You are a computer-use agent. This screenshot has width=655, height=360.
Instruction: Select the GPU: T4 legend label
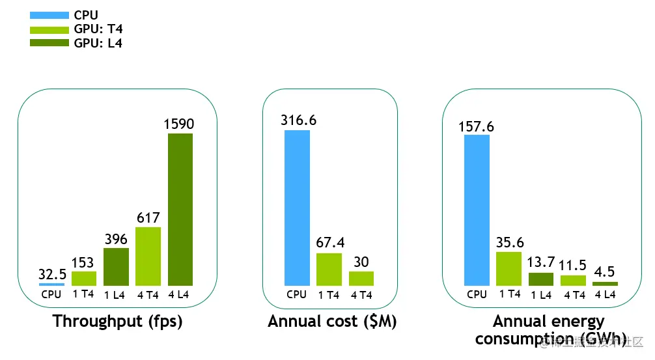[98, 29]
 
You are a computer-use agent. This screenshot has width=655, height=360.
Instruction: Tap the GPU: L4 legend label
[98, 44]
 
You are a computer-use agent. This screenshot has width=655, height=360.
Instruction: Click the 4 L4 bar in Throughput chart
[180, 209]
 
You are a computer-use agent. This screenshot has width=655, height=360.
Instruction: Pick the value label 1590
[179, 124]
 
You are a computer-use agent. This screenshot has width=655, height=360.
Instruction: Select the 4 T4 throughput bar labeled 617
[148, 256]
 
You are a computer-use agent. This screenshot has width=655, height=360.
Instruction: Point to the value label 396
[116, 239]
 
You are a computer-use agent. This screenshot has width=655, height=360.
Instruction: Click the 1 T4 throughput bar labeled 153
[84, 278]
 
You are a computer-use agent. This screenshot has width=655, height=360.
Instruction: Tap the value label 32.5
[52, 274]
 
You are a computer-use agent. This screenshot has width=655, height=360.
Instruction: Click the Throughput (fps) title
[117, 322]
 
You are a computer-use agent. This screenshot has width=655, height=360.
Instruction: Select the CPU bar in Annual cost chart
[297, 208]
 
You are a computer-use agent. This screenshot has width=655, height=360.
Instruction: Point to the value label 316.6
[298, 120]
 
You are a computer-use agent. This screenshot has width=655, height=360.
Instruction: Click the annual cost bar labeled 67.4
[329, 269]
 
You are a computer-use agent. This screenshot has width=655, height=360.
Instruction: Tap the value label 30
[361, 262]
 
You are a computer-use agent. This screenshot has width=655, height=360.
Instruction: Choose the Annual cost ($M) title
[332, 322]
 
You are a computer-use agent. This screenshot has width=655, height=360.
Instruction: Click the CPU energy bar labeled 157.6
[477, 210]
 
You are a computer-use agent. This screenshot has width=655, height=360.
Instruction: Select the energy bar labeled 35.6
[509, 268]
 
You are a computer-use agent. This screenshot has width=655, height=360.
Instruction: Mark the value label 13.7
[541, 262]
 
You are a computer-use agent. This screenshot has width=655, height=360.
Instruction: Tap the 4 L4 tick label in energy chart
[605, 294]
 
